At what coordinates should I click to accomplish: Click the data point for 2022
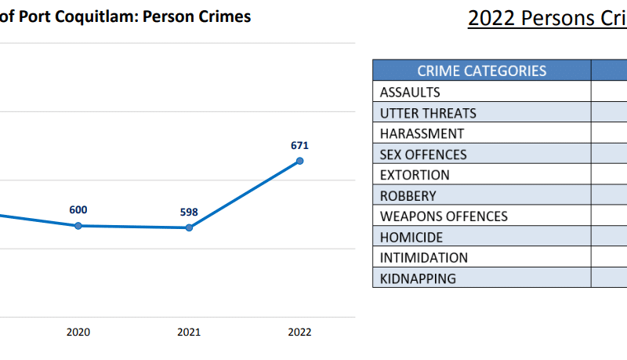pyautogui.click(x=299, y=161)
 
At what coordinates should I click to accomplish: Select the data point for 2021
pyautogui.click(x=189, y=227)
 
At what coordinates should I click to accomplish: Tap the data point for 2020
pyautogui.click(x=78, y=226)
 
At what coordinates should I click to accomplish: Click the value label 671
pyautogui.click(x=299, y=145)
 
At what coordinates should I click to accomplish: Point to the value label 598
pyautogui.click(x=189, y=212)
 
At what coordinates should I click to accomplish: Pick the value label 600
pyautogui.click(x=78, y=209)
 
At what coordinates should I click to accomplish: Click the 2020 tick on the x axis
pyautogui.click(x=78, y=332)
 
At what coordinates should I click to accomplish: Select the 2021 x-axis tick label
pyautogui.click(x=189, y=332)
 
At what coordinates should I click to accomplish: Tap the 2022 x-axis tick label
pyautogui.click(x=299, y=332)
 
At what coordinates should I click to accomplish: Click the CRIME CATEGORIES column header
pyautogui.click(x=482, y=71)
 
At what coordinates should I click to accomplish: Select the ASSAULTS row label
pyautogui.click(x=410, y=92)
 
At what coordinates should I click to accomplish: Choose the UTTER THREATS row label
pyautogui.click(x=428, y=113)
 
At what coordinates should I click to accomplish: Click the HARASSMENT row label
pyautogui.click(x=422, y=133)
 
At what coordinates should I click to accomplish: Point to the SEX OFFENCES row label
pyautogui.click(x=423, y=155)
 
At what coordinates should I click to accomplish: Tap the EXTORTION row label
pyautogui.click(x=415, y=175)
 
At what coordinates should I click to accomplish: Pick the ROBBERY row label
pyautogui.click(x=408, y=196)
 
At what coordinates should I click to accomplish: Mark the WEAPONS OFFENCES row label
pyautogui.click(x=444, y=216)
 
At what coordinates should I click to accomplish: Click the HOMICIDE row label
pyautogui.click(x=411, y=237)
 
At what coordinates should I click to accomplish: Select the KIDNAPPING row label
pyautogui.click(x=418, y=278)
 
